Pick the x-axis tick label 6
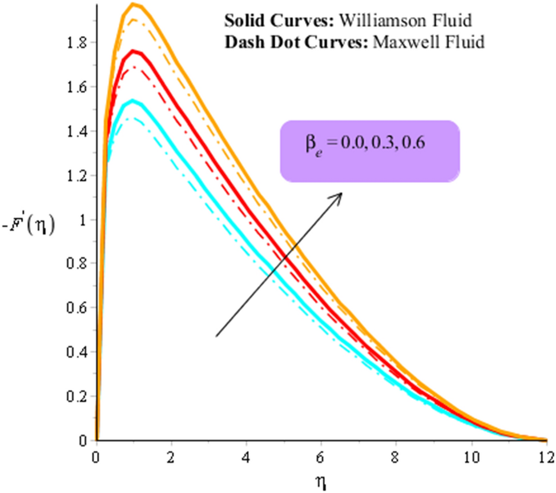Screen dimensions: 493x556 point(321,456)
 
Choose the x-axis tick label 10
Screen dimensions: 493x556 point(472,456)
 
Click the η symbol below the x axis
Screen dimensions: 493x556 point(321,483)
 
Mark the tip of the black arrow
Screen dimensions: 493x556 point(341,193)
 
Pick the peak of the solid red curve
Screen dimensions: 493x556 point(135,51)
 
